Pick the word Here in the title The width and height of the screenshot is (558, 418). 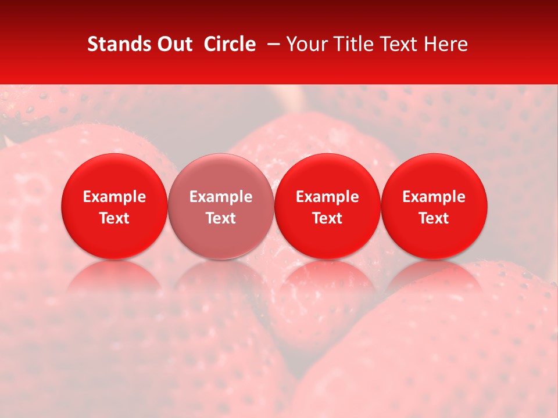[x=446, y=44]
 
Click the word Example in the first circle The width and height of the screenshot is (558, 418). [x=115, y=197]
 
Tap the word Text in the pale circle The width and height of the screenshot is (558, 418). [x=221, y=218]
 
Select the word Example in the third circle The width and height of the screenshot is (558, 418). [x=327, y=197]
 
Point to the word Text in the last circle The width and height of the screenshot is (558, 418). [x=434, y=218]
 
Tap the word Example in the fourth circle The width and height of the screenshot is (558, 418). [x=434, y=197]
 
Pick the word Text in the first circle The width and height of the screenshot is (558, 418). [x=115, y=218]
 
